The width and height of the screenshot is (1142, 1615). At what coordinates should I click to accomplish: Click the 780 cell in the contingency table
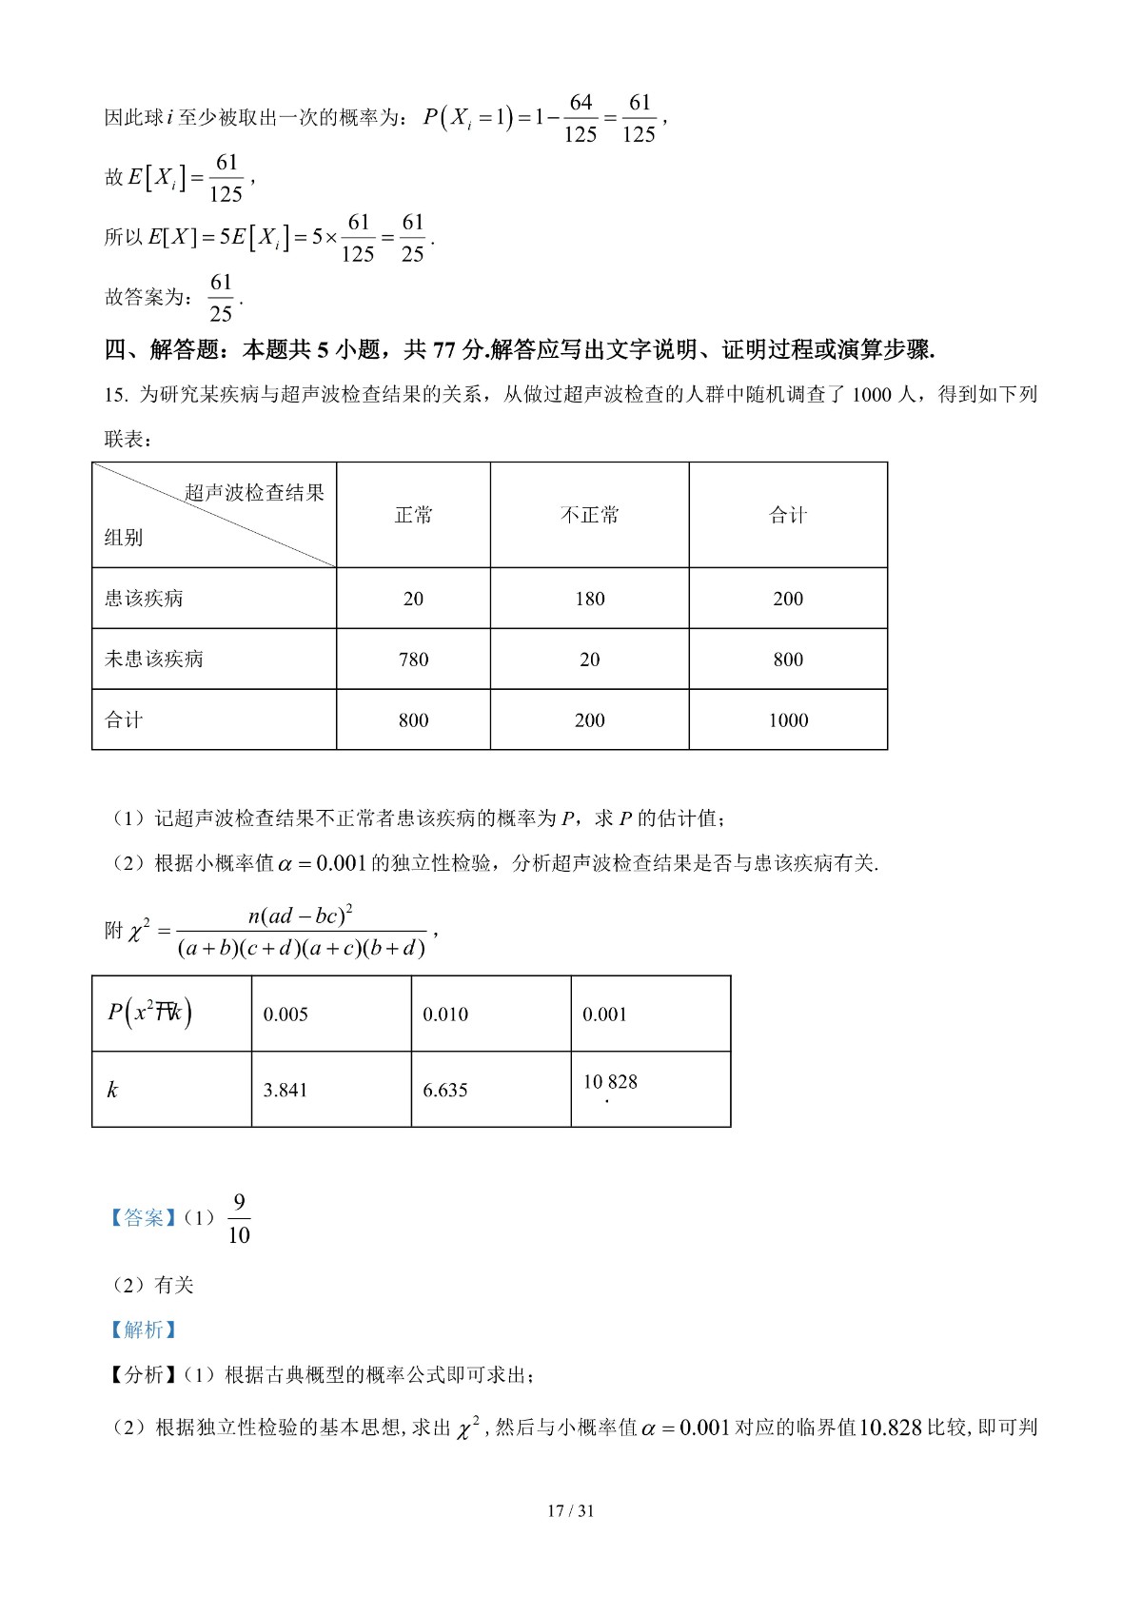point(413,660)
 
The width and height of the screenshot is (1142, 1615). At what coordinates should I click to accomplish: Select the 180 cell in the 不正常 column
point(589,599)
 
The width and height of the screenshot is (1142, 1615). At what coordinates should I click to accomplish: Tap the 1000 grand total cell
point(788,720)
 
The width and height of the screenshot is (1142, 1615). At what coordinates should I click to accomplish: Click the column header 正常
point(413,516)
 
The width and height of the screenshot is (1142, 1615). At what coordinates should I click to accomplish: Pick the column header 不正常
point(589,516)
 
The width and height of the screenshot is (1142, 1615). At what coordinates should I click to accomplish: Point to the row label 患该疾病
point(144,599)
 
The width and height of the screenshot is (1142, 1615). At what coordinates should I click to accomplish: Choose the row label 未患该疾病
point(154,660)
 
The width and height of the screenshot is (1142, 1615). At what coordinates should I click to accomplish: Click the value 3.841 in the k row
point(285,1091)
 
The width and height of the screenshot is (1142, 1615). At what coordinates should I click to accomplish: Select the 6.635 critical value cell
point(445,1091)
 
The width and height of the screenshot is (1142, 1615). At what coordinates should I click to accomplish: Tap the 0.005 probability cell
point(285,1014)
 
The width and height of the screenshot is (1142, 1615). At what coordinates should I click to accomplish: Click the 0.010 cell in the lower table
point(445,1014)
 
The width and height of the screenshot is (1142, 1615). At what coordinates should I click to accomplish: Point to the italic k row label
point(112,1091)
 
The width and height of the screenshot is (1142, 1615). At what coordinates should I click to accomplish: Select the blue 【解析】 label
point(143,1330)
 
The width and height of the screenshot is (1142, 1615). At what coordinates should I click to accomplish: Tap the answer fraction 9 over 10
point(239,1219)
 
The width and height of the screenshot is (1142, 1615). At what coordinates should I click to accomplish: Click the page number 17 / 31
point(571,1511)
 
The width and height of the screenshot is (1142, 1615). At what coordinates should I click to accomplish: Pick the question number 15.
point(115,395)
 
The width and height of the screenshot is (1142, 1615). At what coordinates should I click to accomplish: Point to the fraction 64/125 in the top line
point(581,118)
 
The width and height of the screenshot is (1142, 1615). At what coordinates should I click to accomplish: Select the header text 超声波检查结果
point(254,493)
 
